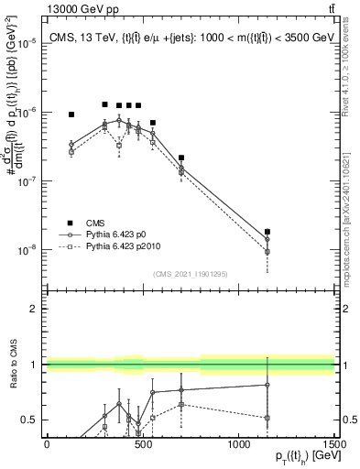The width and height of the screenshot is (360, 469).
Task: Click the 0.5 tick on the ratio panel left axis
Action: pos(29,420)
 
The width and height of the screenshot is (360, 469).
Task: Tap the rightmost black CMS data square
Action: pos(267,232)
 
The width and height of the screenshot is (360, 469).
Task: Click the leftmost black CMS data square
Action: pos(71,115)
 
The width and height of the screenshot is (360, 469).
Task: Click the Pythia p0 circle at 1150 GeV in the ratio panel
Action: pos(267,385)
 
